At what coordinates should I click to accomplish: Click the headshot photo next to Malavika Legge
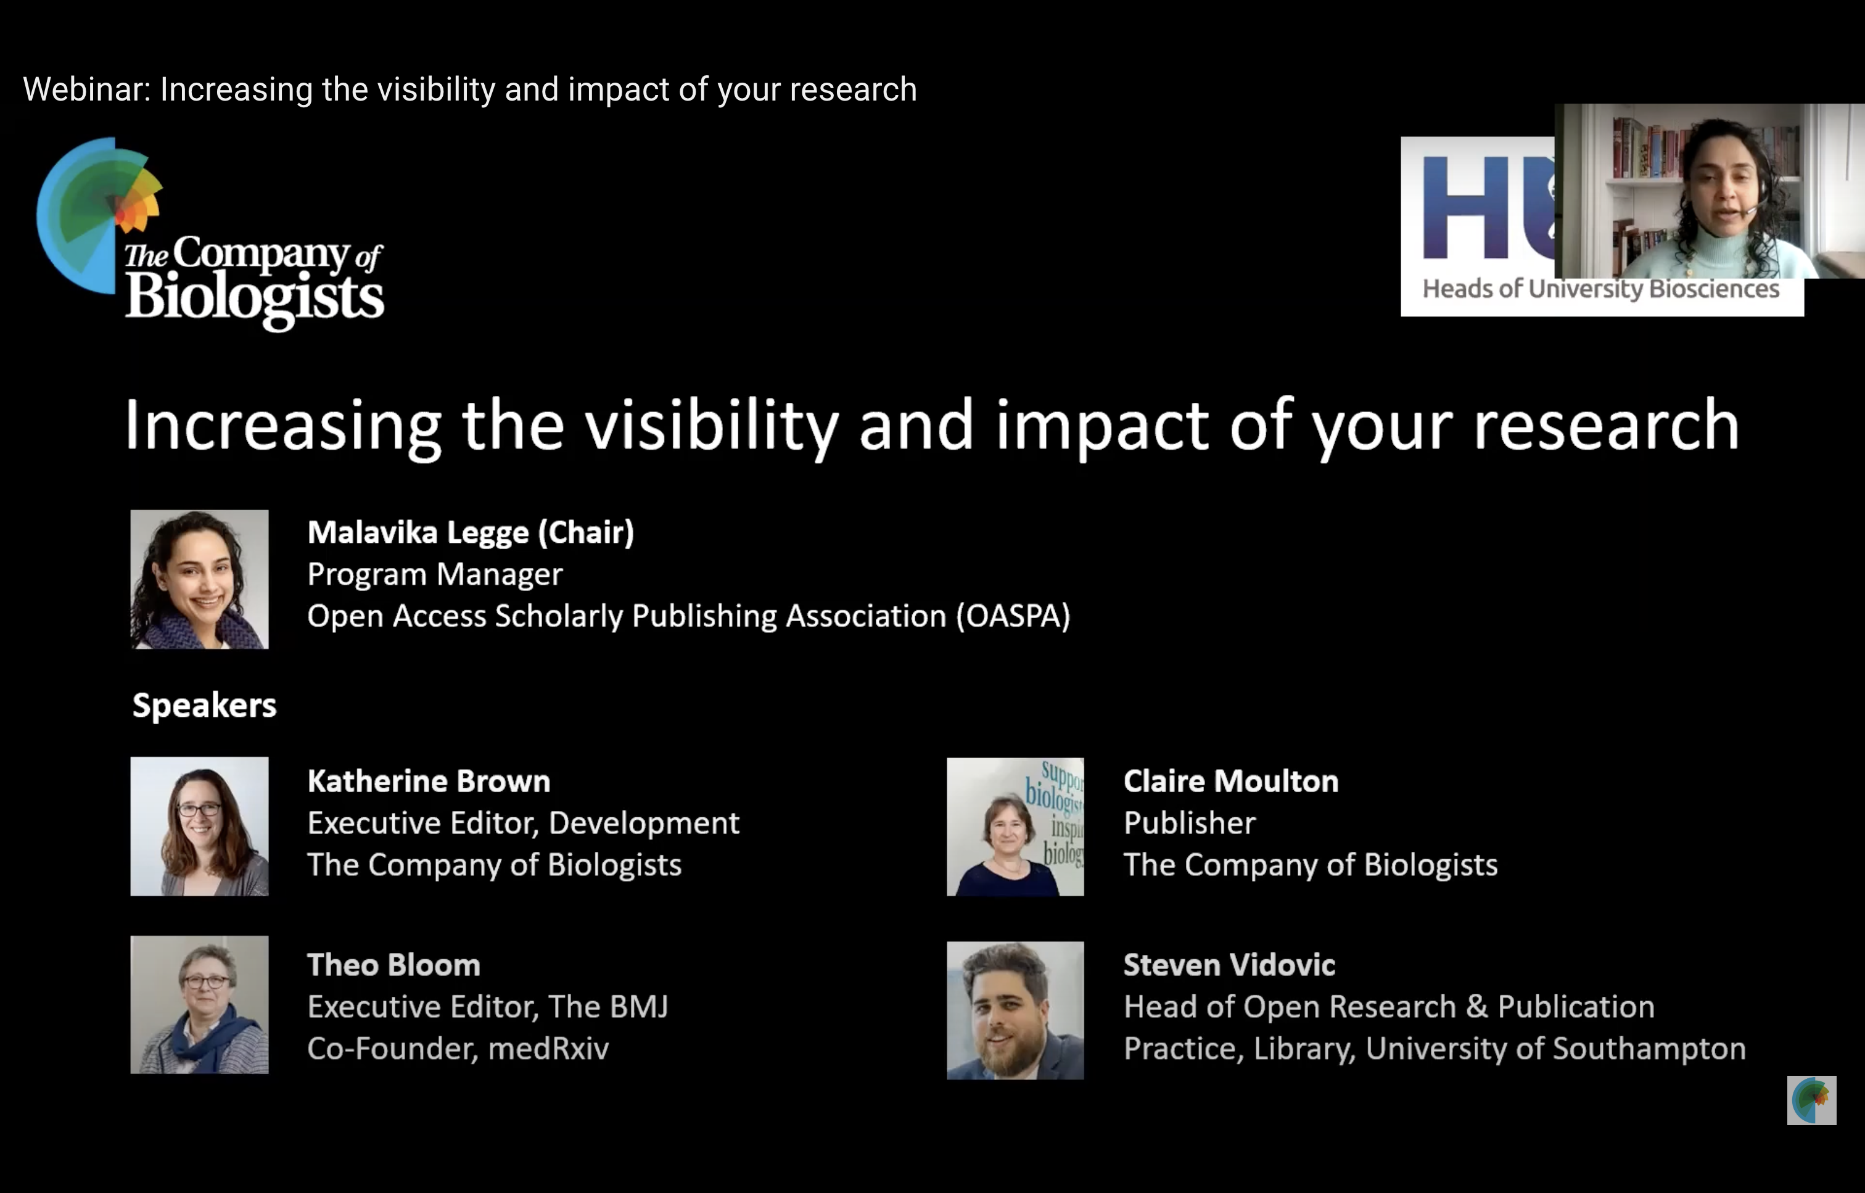click(x=199, y=579)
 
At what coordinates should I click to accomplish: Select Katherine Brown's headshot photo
click(x=199, y=826)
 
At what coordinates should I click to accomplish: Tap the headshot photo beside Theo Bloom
click(x=199, y=1004)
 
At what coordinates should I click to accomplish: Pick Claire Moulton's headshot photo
click(x=1015, y=827)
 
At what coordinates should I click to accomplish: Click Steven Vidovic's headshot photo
click(x=1015, y=1010)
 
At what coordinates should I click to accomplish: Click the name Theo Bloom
click(x=393, y=965)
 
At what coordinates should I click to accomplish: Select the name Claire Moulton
click(x=1230, y=781)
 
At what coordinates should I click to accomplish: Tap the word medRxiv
click(x=548, y=1048)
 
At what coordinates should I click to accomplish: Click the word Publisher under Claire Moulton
click(x=1190, y=823)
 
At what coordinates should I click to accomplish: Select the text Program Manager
click(x=435, y=575)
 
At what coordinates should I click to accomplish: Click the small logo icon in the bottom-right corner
click(x=1811, y=1100)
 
